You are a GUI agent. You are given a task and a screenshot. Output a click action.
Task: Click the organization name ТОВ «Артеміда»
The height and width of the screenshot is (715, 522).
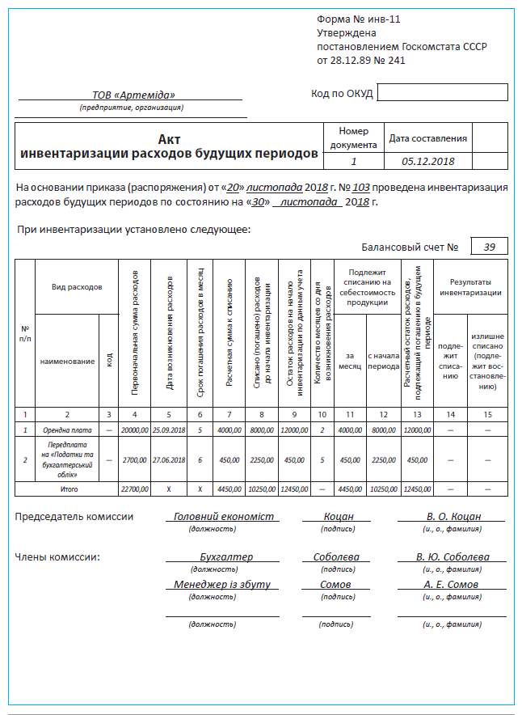(130, 95)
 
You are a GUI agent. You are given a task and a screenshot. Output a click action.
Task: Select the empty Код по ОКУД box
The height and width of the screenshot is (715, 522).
(442, 92)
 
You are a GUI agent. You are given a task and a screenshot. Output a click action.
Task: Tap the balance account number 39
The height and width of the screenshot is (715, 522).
(490, 247)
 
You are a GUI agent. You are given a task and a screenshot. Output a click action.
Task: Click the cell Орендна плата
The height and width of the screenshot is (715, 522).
(68, 429)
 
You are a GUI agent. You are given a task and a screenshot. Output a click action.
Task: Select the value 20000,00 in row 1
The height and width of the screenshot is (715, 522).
(134, 429)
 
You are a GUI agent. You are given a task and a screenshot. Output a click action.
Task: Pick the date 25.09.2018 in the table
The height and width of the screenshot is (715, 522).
(169, 429)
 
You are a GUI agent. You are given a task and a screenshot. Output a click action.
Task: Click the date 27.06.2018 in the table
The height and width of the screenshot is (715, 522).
(169, 460)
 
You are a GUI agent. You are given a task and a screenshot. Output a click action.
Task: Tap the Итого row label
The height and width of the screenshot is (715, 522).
(68, 489)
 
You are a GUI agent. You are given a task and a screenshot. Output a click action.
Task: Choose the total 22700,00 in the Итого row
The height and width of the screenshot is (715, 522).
(134, 489)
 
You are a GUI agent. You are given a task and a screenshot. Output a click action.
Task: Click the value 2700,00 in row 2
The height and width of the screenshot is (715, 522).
(134, 460)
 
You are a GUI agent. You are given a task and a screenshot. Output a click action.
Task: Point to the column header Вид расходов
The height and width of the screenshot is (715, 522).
(77, 286)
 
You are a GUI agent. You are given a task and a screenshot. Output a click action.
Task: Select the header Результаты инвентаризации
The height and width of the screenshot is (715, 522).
(470, 286)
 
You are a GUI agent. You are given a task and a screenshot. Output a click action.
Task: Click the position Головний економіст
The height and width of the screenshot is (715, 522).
(224, 516)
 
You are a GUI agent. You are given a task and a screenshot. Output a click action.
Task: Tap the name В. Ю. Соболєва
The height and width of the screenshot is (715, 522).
(453, 557)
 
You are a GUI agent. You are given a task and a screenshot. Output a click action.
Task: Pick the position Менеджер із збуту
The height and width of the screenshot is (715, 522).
(222, 585)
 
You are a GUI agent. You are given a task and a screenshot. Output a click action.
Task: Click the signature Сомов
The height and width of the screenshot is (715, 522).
(335, 585)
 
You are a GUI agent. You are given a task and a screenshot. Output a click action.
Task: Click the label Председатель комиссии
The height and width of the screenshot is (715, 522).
(74, 516)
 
